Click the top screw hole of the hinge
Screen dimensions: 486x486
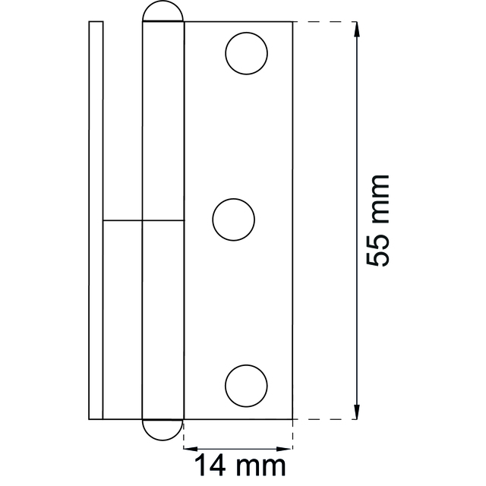247,54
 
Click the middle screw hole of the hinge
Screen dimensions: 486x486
234,221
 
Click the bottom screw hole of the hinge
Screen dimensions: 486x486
247,383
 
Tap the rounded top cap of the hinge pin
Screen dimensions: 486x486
163,12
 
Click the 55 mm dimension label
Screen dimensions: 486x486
377,220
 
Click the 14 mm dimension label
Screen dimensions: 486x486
241,465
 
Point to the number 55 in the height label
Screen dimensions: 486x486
377,251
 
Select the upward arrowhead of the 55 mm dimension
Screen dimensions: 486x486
355,29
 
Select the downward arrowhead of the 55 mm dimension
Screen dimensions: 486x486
355,412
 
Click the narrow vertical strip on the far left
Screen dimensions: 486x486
96,220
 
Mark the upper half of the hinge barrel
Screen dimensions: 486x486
163,121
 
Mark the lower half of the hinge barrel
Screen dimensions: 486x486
163,319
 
